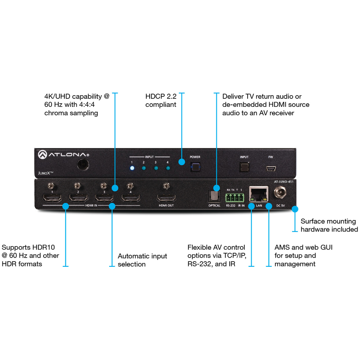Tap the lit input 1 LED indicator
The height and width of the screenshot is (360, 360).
pos(132,168)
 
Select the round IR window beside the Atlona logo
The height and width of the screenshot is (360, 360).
pos(83,165)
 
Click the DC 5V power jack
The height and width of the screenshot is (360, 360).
pos(279,194)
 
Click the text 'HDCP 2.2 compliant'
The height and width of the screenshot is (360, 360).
pos(161,100)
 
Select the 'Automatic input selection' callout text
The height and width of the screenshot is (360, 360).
pos(142,260)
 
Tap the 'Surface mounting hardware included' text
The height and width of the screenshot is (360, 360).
pos(329,225)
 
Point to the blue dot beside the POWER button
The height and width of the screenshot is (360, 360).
pos(182,162)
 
